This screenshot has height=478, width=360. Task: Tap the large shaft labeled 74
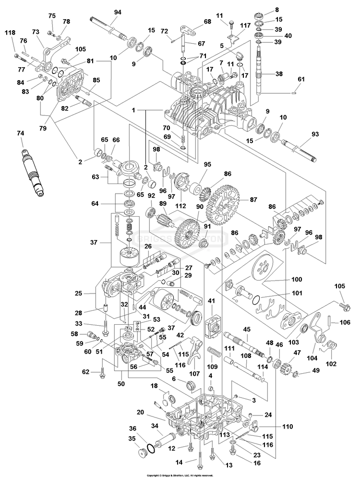click(x=33, y=171)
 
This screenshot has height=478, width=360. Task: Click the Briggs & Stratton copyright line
click(x=180, y=475)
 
